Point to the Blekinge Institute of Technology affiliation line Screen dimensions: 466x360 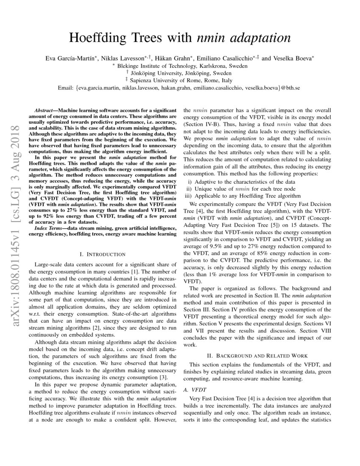(180, 66)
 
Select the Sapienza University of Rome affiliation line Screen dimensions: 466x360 (180, 80)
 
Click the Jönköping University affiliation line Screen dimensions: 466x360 (180, 73)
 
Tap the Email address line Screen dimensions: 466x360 (180, 88)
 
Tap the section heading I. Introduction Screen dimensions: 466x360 (102, 254)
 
